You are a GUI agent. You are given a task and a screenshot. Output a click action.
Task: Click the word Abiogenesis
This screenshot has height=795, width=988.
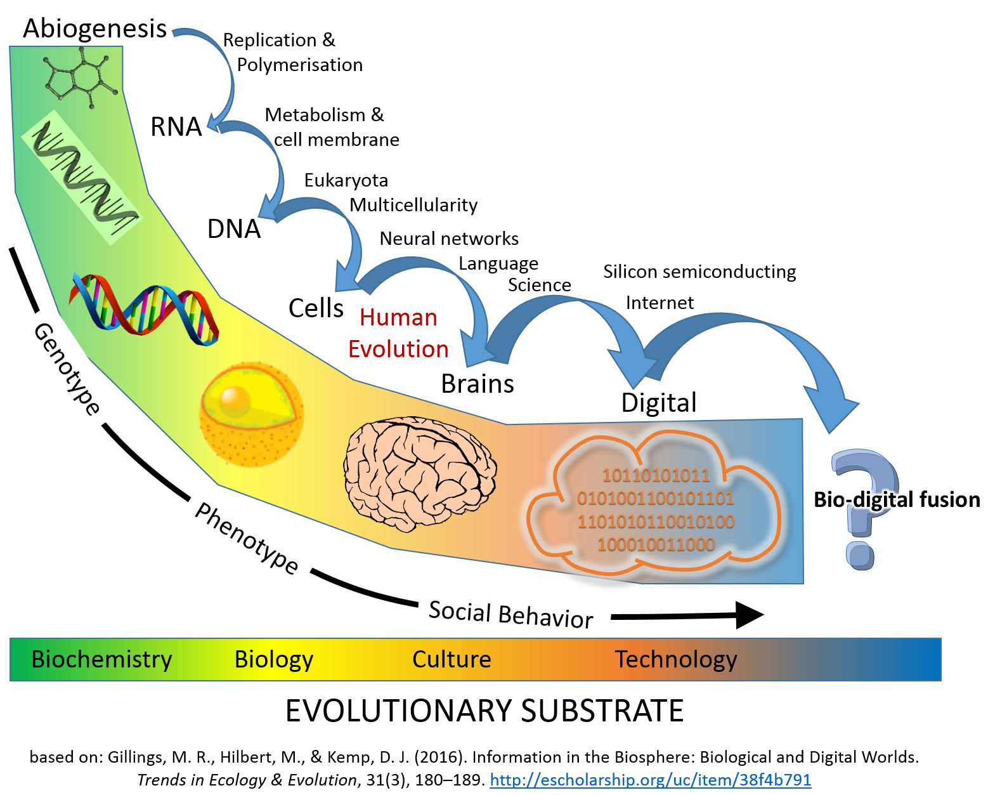tap(95, 29)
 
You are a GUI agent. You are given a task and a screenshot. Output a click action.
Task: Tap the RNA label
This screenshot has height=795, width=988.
tap(176, 127)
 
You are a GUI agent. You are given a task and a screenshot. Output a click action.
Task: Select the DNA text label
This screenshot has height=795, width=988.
tap(234, 229)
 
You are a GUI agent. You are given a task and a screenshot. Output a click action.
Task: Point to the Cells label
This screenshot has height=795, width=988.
tap(316, 308)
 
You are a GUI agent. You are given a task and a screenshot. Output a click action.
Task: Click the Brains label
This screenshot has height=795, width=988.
tap(478, 384)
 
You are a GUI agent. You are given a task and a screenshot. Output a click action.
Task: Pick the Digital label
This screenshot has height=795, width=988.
tap(659, 403)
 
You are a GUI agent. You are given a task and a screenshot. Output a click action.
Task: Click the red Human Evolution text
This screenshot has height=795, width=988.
tap(398, 333)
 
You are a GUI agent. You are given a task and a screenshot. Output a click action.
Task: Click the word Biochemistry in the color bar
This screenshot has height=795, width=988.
tap(101, 660)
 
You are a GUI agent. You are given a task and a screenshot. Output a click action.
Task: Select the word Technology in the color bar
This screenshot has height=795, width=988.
tap(676, 660)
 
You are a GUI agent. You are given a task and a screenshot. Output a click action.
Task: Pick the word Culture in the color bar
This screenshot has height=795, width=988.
tap(452, 660)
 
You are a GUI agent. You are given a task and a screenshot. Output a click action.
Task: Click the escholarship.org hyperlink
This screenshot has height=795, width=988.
tap(651, 780)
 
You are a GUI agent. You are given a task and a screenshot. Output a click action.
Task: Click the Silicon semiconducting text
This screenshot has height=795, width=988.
tap(699, 272)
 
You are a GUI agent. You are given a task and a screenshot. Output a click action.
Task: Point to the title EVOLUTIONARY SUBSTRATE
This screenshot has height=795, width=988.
tap(484, 711)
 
